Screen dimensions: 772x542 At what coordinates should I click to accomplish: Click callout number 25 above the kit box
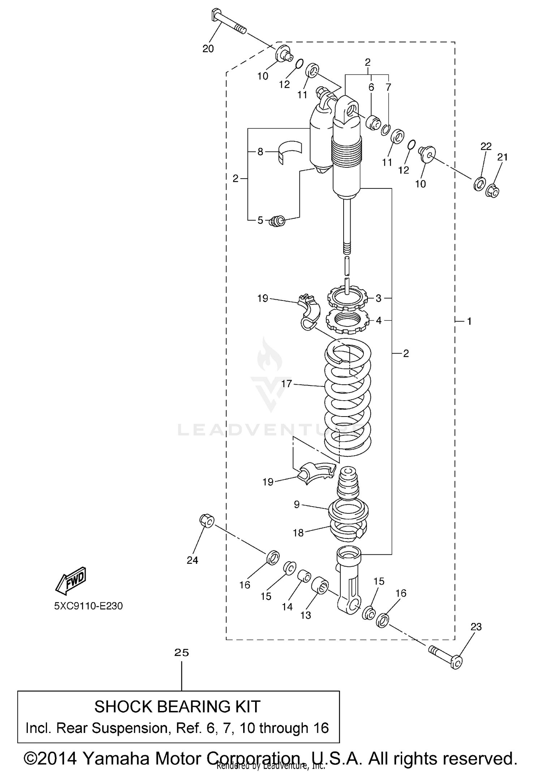(x=181, y=652)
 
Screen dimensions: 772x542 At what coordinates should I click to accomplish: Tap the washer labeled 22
(x=479, y=184)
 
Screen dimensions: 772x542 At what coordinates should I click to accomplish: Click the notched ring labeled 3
(x=347, y=298)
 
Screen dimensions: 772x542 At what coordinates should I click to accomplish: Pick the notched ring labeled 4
(x=347, y=320)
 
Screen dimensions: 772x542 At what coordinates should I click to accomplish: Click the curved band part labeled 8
(x=291, y=151)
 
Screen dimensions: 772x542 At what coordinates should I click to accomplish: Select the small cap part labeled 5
(x=278, y=221)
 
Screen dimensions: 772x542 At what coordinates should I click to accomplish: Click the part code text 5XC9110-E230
(x=89, y=606)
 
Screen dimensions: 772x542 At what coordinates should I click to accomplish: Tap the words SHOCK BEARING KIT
(x=177, y=706)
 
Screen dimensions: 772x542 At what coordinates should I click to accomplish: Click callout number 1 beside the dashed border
(x=469, y=321)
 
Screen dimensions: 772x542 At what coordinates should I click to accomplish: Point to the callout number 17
(x=286, y=384)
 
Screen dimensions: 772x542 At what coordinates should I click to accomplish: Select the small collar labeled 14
(x=304, y=575)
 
